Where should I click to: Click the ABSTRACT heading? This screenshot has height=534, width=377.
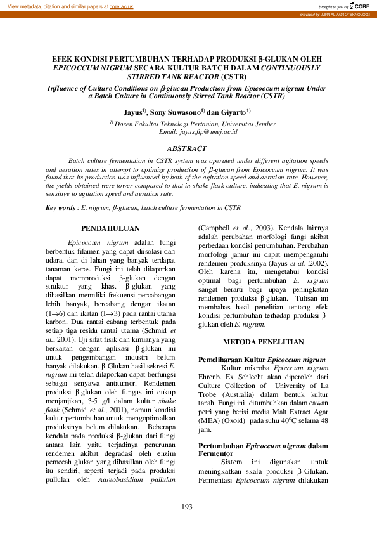pyautogui.click(x=188, y=148)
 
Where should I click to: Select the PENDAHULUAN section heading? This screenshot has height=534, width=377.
pyautogui.click(x=112, y=228)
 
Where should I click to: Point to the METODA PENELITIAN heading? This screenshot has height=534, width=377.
pyautogui.click(x=263, y=342)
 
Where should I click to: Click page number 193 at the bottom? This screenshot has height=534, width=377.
pyautogui.click(x=187, y=505)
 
